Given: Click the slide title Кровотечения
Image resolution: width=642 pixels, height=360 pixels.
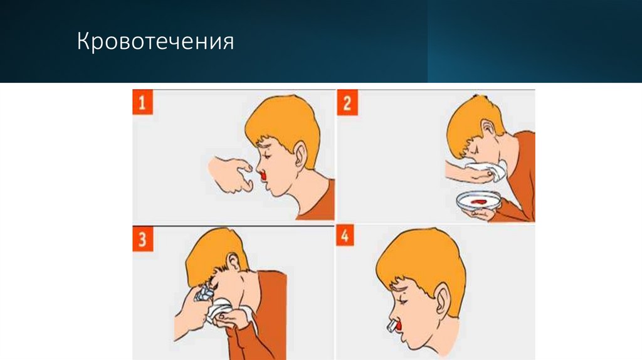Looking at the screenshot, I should [x=155, y=43].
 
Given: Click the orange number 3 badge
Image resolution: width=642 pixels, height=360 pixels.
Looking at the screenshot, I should [x=145, y=241].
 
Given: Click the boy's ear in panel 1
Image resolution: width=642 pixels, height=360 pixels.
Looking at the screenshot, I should [x=300, y=154].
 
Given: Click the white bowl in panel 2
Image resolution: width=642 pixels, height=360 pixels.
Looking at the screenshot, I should [x=479, y=202].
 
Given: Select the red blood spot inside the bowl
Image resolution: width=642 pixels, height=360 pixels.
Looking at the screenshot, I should [x=480, y=201].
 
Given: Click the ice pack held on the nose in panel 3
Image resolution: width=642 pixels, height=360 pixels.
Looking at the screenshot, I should [x=204, y=293].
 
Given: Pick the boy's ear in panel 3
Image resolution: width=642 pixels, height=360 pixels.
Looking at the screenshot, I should [x=233, y=262].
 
